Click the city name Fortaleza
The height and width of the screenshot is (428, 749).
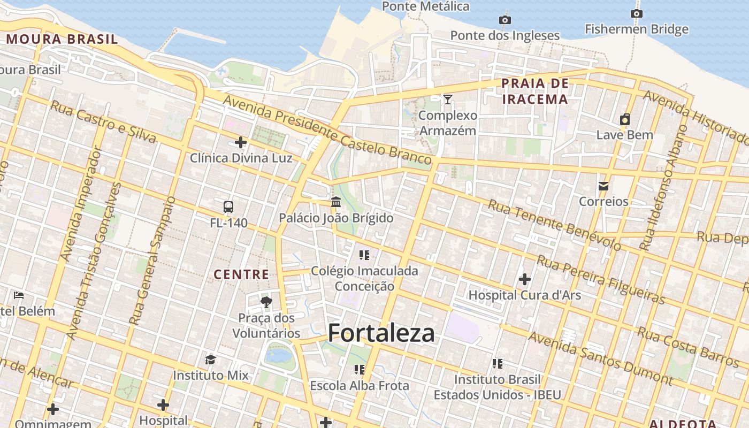click(x=381, y=333)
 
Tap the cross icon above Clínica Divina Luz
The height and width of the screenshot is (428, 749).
click(x=241, y=142)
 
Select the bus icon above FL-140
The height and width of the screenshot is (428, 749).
click(x=228, y=207)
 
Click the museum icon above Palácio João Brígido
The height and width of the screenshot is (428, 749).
click(x=336, y=202)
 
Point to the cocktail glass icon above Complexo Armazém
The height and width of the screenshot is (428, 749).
click(x=448, y=99)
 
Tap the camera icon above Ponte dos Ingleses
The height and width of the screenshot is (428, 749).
click(x=505, y=20)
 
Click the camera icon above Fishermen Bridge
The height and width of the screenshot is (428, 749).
click(x=636, y=13)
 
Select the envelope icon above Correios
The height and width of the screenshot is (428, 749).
click(x=603, y=186)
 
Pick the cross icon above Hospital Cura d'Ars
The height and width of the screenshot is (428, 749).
click(x=524, y=279)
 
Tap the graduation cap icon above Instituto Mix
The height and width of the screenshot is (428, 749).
click(x=211, y=360)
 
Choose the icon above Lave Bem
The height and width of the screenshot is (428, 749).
click(x=624, y=119)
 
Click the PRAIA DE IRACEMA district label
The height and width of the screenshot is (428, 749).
click(x=534, y=91)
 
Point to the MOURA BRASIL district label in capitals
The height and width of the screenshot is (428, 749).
click(x=62, y=39)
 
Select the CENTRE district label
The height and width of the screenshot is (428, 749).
click(x=241, y=274)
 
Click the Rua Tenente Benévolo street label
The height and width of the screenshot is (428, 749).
click(x=555, y=225)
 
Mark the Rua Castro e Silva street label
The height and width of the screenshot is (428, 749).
click(x=103, y=123)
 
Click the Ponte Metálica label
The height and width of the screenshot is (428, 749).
click(x=426, y=6)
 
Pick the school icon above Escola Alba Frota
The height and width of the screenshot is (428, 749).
click(x=359, y=370)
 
